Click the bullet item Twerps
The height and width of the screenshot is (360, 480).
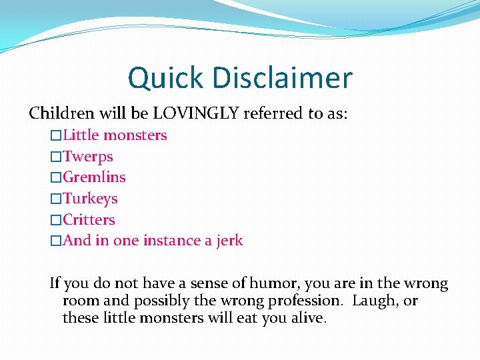tap(87, 157)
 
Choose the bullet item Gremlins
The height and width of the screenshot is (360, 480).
tap(94, 177)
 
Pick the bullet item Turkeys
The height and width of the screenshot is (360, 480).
tap(90, 199)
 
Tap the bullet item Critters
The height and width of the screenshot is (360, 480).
tap(89, 220)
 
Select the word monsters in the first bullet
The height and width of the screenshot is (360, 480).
tap(135, 135)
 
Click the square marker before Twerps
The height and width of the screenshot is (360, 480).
tap(56, 157)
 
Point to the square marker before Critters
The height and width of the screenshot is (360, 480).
tap(56, 220)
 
